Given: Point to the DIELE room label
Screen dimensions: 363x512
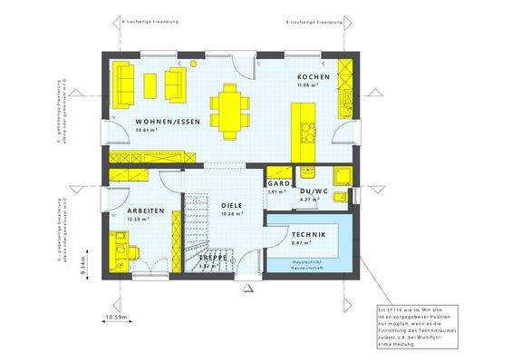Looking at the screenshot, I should (x=231, y=205).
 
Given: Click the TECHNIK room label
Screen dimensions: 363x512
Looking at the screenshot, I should (x=309, y=233).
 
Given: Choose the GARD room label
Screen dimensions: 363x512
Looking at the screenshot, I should (x=278, y=183).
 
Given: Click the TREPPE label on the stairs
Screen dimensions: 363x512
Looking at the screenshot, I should (x=213, y=258).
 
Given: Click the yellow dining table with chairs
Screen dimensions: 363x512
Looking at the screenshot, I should (x=231, y=107).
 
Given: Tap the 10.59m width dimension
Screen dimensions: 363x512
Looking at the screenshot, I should (x=116, y=317).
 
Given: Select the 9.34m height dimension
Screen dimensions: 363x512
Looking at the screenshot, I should (x=82, y=265).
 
